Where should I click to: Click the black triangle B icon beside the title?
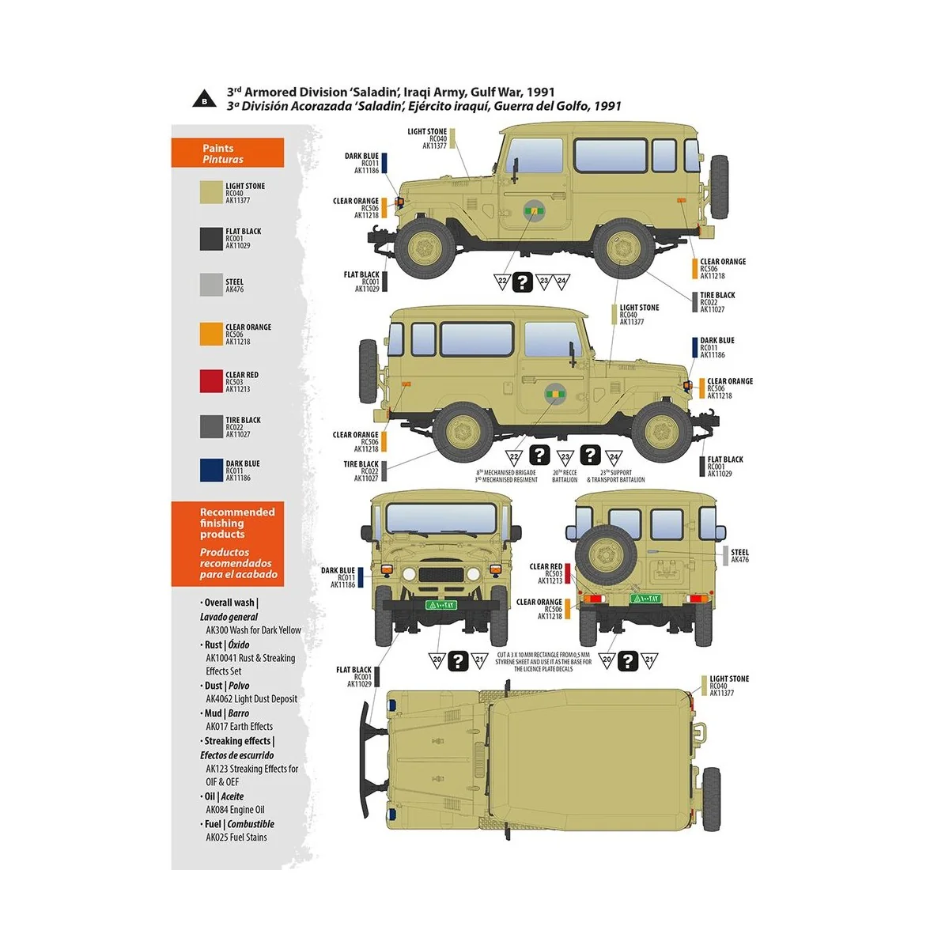(x=204, y=100)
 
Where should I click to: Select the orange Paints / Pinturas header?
(x=227, y=153)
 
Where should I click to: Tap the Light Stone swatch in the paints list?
(x=211, y=193)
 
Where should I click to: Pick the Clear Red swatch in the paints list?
(x=211, y=381)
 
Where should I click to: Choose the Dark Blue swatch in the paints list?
(x=211, y=471)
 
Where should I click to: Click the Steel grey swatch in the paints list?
(x=211, y=285)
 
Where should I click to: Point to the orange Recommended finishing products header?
(x=227, y=543)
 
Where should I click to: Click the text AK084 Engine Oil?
(x=235, y=810)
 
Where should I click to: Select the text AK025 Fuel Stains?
(x=236, y=837)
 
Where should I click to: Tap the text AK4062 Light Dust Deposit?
(x=251, y=699)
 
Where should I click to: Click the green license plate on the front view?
(x=440, y=605)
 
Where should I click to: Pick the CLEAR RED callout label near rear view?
(x=546, y=573)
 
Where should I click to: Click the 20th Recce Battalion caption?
(x=565, y=476)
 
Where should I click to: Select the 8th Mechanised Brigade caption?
(x=506, y=476)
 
